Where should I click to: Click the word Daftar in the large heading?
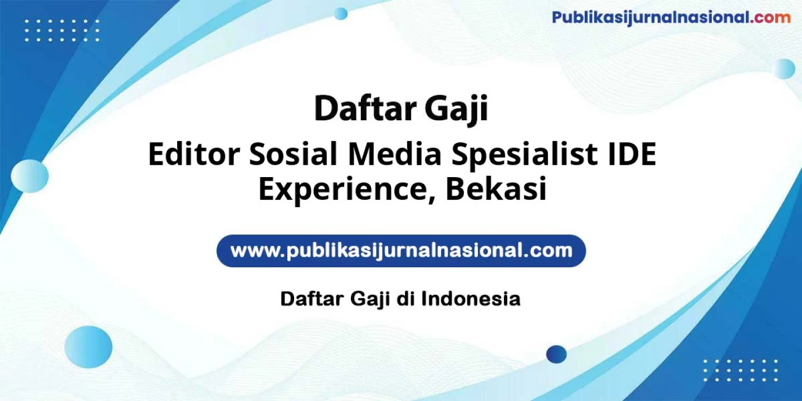coord(366,109)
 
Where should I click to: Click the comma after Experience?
coord(429,199)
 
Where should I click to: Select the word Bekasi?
coord(496,189)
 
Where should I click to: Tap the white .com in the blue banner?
coord(547,251)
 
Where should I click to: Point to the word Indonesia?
coord(471,299)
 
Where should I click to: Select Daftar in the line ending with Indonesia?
coord(312,299)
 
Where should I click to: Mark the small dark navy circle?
coord(556,354)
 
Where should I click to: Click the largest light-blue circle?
coord(88,347)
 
